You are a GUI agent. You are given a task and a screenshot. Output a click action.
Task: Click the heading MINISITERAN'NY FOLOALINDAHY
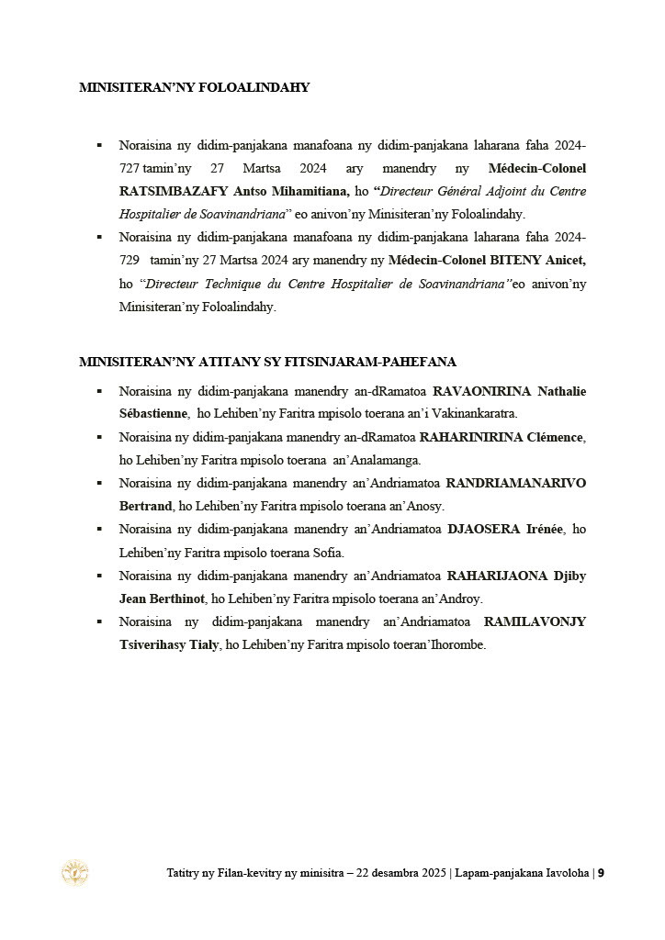[194, 88]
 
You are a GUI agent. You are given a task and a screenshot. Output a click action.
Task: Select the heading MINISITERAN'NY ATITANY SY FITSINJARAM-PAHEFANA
[267, 362]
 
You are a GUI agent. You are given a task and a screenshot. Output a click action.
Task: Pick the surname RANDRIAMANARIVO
[515, 483]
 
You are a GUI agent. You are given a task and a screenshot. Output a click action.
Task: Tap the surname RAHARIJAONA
[494, 576]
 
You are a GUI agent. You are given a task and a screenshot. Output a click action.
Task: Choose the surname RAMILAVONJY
[535, 621]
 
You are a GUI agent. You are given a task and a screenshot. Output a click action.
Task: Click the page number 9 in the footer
[601, 873]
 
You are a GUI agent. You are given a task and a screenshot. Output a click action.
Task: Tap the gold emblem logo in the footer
[74, 873]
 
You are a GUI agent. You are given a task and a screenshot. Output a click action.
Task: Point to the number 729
[130, 260]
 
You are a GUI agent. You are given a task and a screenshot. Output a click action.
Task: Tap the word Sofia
[327, 553]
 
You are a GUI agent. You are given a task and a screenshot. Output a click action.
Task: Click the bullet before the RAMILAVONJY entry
[99, 621]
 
